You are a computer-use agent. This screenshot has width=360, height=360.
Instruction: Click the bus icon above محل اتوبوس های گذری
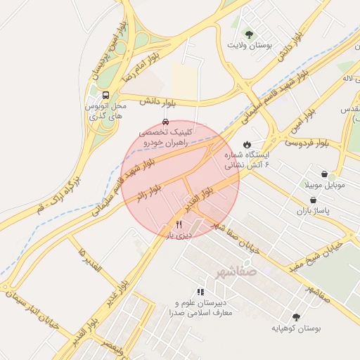click(105, 95)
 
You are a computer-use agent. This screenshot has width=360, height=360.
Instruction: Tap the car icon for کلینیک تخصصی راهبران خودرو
click(165, 121)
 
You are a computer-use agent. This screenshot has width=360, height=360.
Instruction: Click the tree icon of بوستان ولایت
click(247, 33)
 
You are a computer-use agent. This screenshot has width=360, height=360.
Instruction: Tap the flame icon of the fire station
click(247, 144)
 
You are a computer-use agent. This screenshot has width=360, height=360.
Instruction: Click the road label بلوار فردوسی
click(307, 143)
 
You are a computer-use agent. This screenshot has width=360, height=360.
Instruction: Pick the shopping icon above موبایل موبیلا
click(323, 174)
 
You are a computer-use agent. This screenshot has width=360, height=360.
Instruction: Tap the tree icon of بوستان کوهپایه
click(295, 316)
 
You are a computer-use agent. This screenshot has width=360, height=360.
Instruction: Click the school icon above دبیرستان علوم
click(200, 291)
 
